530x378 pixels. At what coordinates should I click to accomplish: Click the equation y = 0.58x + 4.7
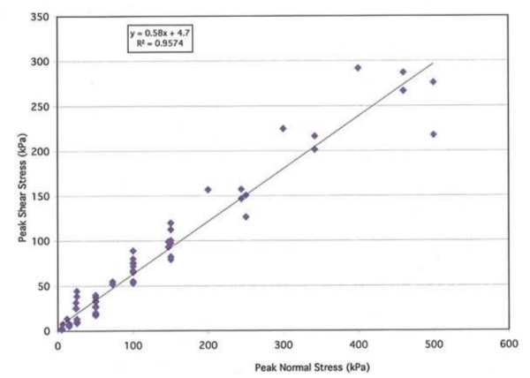click(x=156, y=33)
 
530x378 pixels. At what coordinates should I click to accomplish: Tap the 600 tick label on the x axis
click(x=507, y=344)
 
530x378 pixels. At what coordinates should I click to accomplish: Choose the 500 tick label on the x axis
click(x=433, y=344)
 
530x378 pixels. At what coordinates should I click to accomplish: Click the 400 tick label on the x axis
click(x=358, y=344)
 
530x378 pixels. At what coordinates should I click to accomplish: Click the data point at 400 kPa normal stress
click(x=358, y=67)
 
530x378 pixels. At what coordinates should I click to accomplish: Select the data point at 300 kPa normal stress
click(x=283, y=128)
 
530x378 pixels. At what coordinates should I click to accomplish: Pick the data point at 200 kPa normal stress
click(x=208, y=189)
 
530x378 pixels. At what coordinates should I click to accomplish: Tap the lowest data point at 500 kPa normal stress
click(x=433, y=134)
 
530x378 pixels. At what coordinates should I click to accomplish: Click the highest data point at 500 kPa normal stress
click(x=433, y=81)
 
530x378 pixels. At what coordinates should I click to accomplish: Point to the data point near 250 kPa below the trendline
click(x=246, y=216)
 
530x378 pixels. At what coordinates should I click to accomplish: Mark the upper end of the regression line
click(x=432, y=63)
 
